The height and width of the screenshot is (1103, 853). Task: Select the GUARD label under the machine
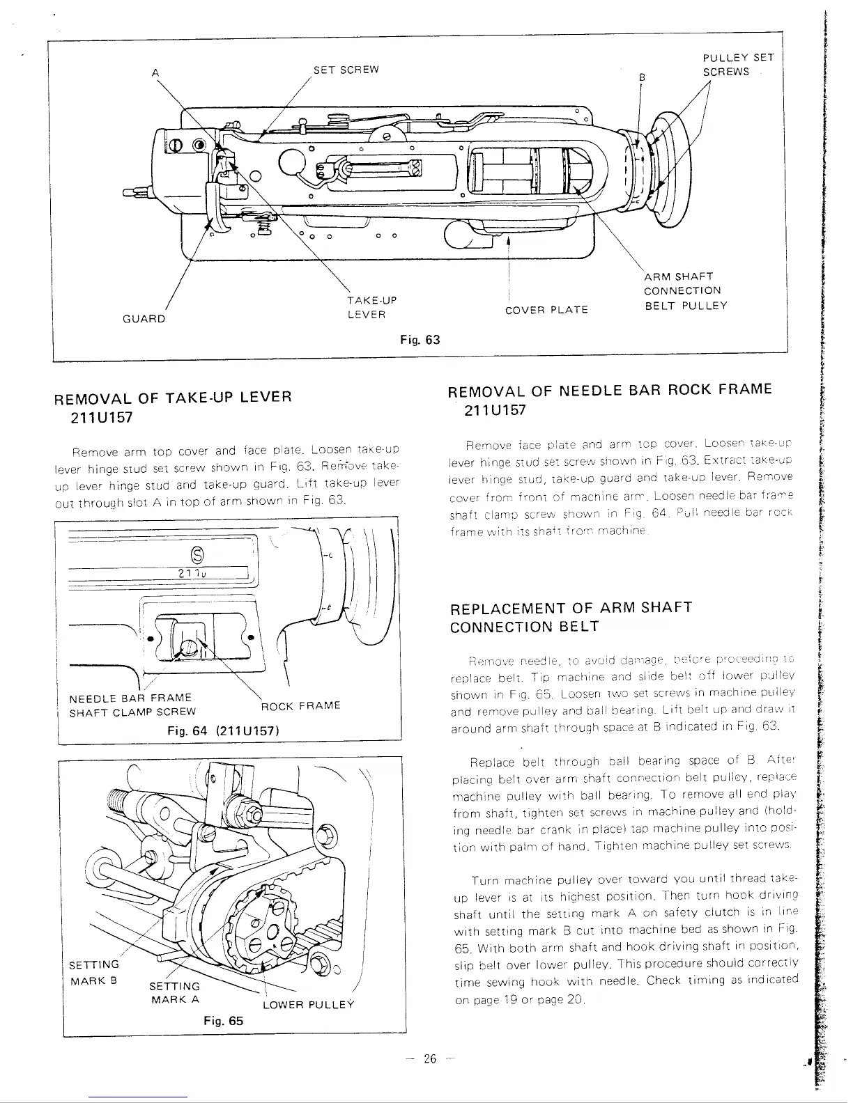(144, 319)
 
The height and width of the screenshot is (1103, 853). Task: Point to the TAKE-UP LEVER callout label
(371, 307)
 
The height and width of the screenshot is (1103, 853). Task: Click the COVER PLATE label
(547, 310)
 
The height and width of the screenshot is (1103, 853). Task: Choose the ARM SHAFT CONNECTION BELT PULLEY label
(685, 291)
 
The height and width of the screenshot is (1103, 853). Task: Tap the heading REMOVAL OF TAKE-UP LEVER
(172, 407)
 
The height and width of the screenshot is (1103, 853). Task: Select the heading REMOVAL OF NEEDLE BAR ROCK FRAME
(610, 399)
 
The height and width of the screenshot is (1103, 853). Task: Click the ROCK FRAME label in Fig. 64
(300, 705)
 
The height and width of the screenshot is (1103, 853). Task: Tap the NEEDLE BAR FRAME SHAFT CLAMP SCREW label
(132, 705)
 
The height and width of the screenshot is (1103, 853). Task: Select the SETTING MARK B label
(94, 971)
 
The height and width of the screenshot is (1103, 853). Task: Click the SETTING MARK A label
(175, 992)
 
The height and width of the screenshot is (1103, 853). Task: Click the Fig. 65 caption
(223, 1021)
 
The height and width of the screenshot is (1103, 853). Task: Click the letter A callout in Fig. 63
(153, 70)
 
